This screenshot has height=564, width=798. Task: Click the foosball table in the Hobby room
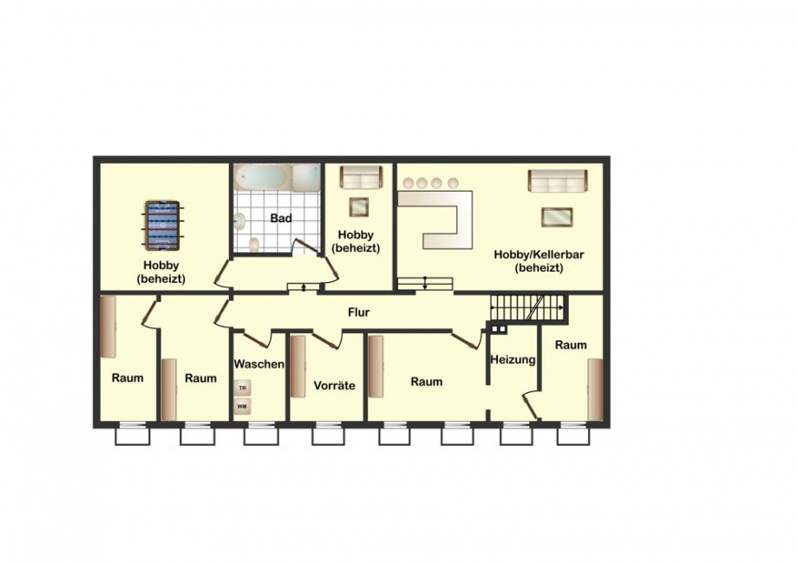(162, 226)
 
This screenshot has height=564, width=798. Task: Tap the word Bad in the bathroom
(281, 219)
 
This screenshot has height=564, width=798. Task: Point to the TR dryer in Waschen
(243, 388)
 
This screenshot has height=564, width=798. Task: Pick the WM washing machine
(243, 407)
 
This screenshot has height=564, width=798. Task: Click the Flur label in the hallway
(359, 312)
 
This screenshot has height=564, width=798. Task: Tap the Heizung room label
(513, 360)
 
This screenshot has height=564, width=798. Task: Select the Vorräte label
(334, 385)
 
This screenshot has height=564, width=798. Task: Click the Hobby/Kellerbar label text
(539, 254)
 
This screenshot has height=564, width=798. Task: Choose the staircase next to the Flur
(527, 307)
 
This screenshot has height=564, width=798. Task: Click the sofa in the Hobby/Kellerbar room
(558, 181)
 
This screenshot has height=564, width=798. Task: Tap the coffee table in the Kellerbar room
(557, 217)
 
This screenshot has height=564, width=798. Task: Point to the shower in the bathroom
(306, 178)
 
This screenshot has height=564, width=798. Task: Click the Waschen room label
(258, 364)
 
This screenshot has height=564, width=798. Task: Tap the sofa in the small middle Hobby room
(361, 178)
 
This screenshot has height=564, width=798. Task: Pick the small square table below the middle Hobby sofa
(360, 207)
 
